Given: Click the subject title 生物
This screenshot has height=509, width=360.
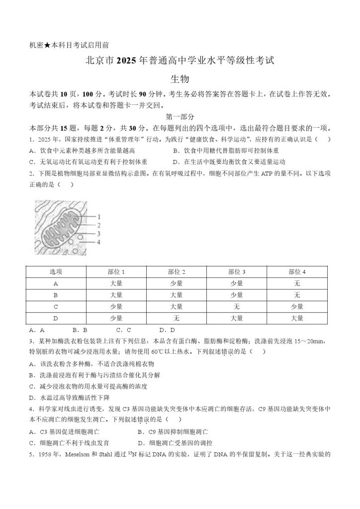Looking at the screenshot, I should coord(180,79).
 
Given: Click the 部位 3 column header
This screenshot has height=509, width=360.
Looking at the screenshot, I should coord(236,271).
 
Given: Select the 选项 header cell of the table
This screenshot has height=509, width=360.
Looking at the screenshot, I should coord(56,271).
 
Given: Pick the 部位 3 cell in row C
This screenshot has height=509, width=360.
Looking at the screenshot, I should coord(236,306).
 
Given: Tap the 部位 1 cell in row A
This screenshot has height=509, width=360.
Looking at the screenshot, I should coord(116,283).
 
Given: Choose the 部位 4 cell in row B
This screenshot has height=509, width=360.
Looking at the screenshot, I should coord(297,295).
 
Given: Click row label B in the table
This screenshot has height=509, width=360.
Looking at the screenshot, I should coord(56,295).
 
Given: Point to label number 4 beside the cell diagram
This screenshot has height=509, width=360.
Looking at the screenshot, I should coord(99,242).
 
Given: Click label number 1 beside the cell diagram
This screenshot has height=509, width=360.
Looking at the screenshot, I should coord(99,217).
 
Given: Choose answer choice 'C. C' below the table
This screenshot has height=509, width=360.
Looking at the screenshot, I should coord(124,330).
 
